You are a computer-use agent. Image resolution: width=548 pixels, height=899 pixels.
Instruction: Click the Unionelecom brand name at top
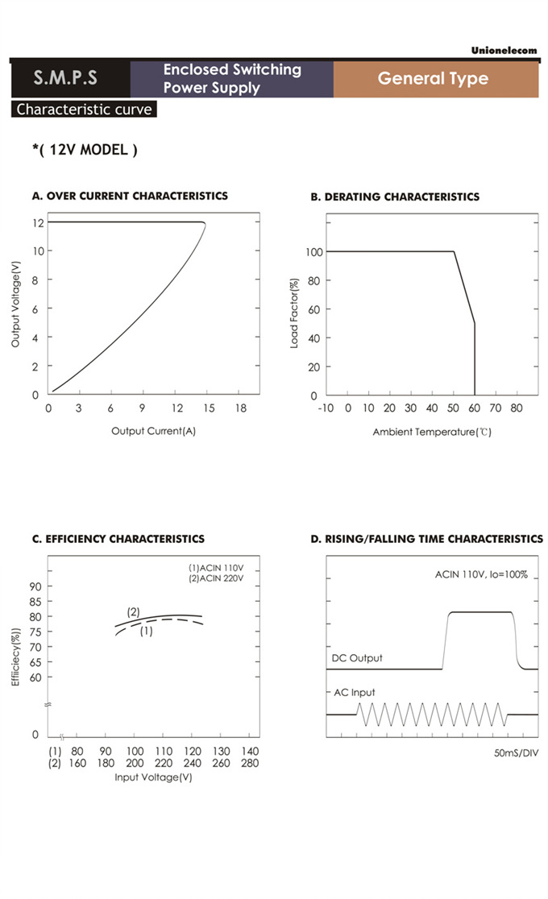tap(504, 51)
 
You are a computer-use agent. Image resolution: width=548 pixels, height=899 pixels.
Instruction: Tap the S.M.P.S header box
tap(65, 78)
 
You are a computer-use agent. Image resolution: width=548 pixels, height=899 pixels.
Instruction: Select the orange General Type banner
tap(434, 78)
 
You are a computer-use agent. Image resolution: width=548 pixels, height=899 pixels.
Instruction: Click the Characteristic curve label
tap(84, 110)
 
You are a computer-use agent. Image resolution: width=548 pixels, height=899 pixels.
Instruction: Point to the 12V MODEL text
tap(85, 150)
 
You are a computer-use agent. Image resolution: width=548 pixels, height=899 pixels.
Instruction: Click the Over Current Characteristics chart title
tap(130, 196)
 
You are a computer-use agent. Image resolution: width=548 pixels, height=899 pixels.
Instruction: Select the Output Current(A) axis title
tap(153, 431)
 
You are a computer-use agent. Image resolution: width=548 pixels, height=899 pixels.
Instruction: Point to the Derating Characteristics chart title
tap(395, 197)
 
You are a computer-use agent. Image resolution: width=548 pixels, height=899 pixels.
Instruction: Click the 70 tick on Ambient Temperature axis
tap(496, 409)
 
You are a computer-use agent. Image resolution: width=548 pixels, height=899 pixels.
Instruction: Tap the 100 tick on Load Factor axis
tap(313, 252)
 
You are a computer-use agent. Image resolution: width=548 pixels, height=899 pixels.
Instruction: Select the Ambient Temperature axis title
tap(432, 433)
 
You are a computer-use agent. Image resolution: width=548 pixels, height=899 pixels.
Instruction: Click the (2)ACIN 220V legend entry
tap(215, 579)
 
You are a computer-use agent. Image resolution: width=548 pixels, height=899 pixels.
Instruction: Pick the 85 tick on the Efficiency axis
tap(35, 601)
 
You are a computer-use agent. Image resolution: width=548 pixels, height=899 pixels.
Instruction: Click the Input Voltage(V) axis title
tap(153, 777)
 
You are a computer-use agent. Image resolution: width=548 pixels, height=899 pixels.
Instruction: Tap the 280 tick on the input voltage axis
tap(250, 764)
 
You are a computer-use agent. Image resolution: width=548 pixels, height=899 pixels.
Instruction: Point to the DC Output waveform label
tap(357, 658)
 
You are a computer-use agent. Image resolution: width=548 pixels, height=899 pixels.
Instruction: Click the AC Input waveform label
tap(354, 692)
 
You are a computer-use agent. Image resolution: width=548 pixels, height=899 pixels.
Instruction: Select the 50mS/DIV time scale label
tap(515, 753)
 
